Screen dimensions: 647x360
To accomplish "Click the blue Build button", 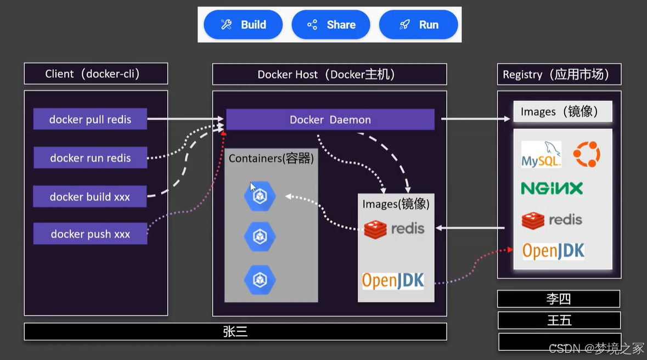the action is point(243,25).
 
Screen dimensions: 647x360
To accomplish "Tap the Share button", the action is point(331,25).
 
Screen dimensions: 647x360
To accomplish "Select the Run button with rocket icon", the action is point(418,25).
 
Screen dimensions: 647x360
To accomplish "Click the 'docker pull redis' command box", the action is point(90,119).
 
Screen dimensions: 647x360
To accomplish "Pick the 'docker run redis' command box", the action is point(90,157).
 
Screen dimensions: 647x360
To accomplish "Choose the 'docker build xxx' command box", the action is point(90,196).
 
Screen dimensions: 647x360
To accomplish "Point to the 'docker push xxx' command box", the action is point(90,234).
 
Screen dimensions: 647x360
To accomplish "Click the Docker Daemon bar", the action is point(330,119).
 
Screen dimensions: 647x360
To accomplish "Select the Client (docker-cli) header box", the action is point(96,74).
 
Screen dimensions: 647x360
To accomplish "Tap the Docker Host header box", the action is point(330,74).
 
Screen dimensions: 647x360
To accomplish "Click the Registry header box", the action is point(559,74).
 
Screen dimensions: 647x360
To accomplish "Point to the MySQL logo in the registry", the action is point(541,154).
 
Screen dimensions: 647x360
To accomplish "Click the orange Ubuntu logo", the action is point(587,154).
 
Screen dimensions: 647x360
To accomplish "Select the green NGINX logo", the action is point(552,188).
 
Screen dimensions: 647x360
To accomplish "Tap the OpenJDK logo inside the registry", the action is point(553,251).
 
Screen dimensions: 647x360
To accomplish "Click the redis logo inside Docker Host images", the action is point(394,229).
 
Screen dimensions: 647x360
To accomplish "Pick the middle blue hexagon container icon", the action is point(260,237).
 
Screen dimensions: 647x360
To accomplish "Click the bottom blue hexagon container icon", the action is point(260,280).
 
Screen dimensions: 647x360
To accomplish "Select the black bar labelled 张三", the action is point(235,331).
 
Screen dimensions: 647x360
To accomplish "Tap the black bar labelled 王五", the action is point(559,320).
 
